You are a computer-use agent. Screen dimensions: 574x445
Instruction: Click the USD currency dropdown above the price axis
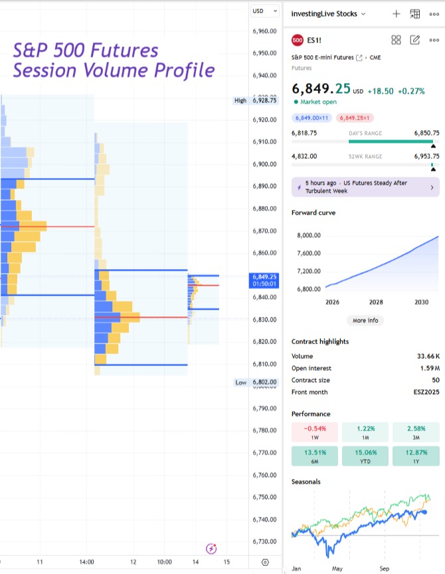coord(260,11)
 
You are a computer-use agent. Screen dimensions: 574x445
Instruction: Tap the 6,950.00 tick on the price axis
coord(265,53)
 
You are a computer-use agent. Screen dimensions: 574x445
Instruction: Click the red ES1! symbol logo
coord(298,40)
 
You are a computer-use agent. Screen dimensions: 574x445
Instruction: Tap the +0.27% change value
coord(411,91)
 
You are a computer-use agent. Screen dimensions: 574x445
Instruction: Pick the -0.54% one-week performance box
coord(315,432)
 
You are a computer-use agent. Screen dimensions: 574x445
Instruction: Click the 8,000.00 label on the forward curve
coord(308,235)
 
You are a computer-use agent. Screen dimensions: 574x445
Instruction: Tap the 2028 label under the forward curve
coord(376,302)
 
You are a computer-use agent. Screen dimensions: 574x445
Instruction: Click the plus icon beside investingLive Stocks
coord(397,13)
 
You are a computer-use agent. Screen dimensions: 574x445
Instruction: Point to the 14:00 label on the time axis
coord(86,562)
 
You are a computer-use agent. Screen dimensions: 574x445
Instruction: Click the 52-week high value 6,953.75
coord(425,156)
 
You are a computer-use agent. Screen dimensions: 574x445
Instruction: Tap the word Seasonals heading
coord(306,482)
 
